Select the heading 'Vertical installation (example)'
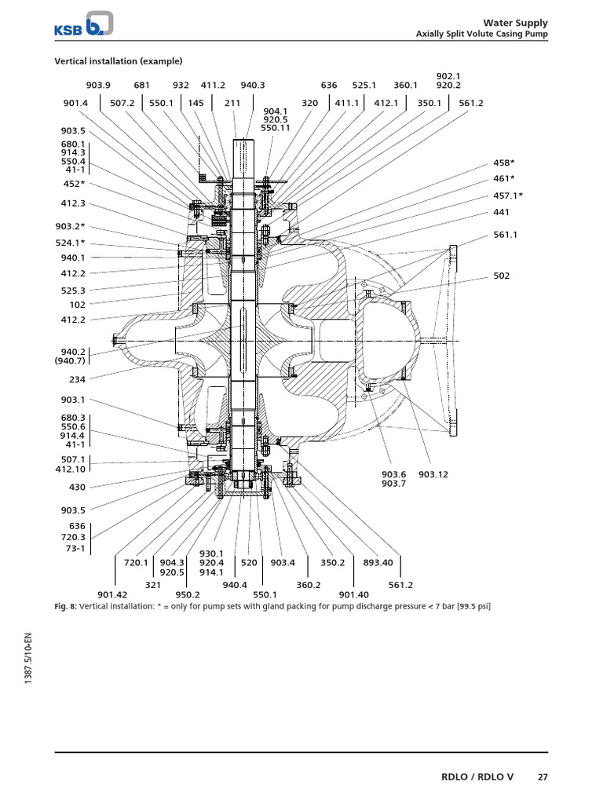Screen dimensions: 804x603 (x=118, y=61)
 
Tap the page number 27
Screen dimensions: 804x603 (x=543, y=777)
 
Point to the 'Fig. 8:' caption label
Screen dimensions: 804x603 (x=65, y=606)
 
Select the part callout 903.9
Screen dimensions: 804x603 (x=99, y=86)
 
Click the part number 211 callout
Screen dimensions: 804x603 (x=232, y=102)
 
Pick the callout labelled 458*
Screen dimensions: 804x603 (x=503, y=163)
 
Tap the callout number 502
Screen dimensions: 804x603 (x=501, y=276)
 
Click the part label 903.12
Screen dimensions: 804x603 (x=433, y=473)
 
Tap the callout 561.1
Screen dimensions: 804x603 (x=506, y=234)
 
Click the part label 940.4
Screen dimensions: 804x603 (x=235, y=584)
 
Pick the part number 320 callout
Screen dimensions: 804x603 (x=310, y=102)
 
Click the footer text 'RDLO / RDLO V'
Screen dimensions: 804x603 (x=478, y=777)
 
